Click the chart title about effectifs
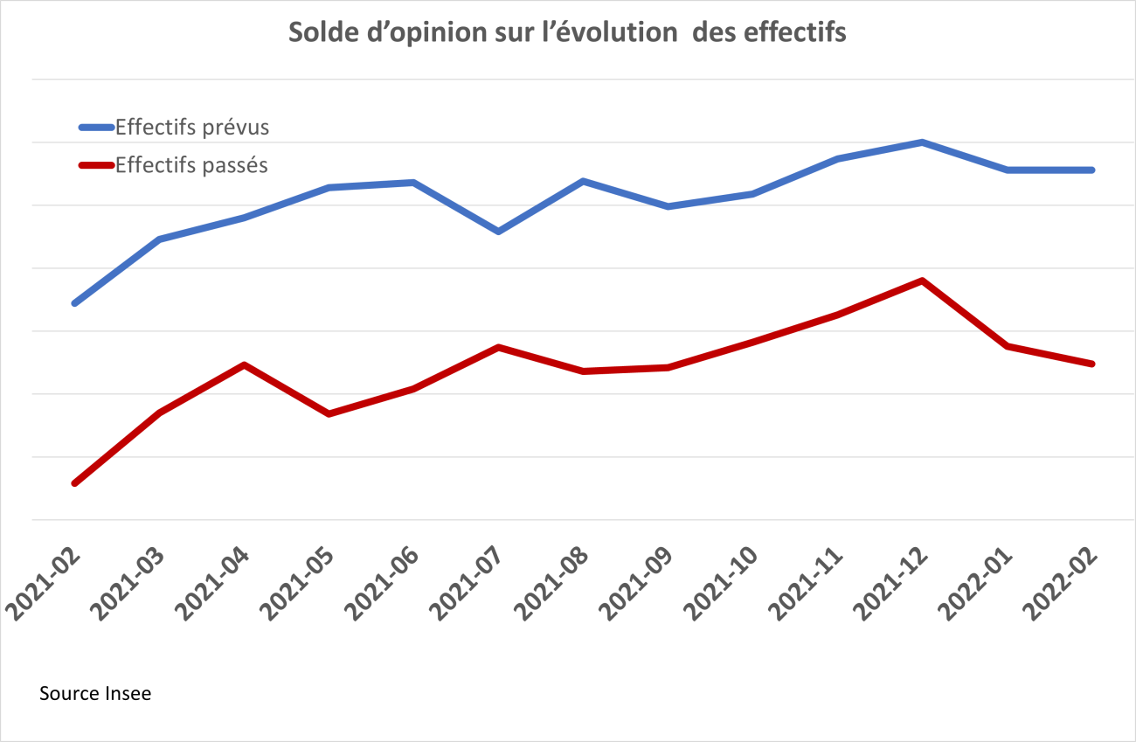(567, 33)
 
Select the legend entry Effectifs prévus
(191, 128)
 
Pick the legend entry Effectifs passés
(191, 165)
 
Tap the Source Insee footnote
(95, 694)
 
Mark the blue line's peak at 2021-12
(923, 142)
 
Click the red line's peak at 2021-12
(923, 281)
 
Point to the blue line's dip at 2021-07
(498, 232)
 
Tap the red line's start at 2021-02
(74, 483)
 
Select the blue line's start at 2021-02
(74, 303)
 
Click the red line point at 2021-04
(244, 364)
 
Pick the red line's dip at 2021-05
(329, 413)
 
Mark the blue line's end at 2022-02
(1092, 170)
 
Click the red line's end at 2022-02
(1092, 364)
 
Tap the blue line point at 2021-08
(583, 181)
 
